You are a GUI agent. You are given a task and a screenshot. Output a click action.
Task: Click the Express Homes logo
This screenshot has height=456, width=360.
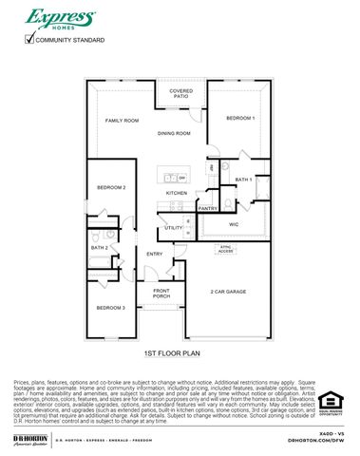61,19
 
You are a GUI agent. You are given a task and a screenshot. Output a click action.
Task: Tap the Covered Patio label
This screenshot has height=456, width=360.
180,94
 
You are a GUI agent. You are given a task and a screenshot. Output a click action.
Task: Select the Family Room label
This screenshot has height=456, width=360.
123,121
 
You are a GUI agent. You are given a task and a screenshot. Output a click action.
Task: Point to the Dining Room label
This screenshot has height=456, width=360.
174,134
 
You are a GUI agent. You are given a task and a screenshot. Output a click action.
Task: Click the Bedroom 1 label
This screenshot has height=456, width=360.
240,118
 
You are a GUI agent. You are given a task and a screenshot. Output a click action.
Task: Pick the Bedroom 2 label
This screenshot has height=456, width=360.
111,187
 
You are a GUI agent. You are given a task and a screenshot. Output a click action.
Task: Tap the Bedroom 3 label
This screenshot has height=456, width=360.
110,308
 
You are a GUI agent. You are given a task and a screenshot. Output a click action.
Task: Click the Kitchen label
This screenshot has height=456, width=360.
178,193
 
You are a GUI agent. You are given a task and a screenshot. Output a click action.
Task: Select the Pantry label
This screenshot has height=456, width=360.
208,208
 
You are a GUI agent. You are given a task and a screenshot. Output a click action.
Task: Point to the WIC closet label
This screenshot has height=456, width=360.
234,224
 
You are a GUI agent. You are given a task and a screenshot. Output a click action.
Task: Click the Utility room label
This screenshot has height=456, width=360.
174,228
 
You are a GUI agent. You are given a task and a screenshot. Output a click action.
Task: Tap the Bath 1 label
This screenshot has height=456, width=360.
243,179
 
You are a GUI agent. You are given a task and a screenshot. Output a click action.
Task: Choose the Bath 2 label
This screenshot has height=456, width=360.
100,248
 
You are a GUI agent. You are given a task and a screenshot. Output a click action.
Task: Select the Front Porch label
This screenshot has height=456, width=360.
161,294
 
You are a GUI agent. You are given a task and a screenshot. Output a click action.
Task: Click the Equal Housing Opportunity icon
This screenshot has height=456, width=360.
330,403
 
